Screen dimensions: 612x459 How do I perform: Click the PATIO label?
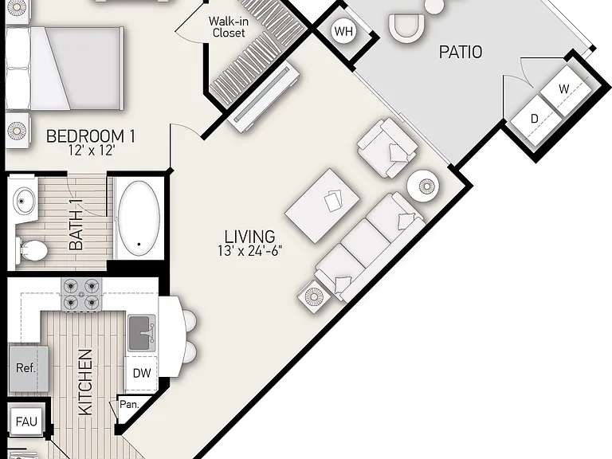coord(461,52)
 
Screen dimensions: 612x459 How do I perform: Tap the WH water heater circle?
coord(343,31)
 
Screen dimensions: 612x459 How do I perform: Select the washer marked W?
coord(566,88)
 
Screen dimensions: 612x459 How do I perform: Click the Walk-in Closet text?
coord(229,27)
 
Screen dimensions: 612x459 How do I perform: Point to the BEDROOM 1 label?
coord(91,136)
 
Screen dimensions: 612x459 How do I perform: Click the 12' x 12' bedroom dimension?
coord(92,151)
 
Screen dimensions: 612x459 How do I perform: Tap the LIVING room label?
coord(249,237)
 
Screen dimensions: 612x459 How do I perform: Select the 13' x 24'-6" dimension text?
coord(249,250)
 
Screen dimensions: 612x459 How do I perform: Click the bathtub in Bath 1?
coord(139,218)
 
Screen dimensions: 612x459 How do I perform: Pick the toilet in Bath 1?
coord(32,249)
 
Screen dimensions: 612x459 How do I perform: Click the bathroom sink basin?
coord(24,201)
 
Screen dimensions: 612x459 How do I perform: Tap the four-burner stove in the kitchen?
coord(81,295)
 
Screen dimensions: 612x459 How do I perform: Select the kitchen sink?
coord(142,333)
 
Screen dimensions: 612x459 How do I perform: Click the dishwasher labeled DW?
coord(141,373)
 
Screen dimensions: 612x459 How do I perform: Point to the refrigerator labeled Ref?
coord(29,368)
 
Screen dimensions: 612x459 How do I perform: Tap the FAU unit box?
coord(26,422)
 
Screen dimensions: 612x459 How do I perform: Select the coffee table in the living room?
coord(323,206)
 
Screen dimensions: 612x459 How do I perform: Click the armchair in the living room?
coord(387,147)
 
